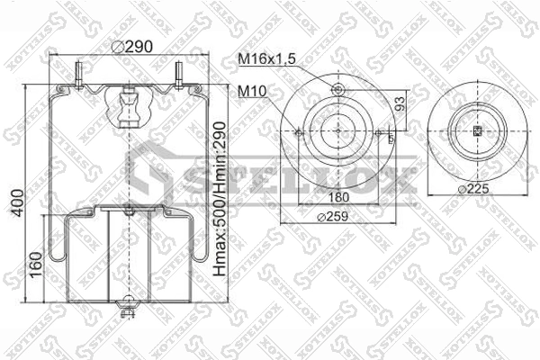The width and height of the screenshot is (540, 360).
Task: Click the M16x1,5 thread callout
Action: [x=266, y=58]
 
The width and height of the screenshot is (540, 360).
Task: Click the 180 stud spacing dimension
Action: [x=337, y=198]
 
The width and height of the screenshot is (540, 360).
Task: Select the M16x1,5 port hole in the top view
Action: [x=337, y=88]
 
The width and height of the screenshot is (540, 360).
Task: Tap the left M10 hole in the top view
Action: [x=297, y=130]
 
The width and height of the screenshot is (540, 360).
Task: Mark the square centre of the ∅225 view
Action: [x=478, y=131]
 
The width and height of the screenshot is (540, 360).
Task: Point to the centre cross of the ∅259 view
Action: [x=337, y=130]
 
